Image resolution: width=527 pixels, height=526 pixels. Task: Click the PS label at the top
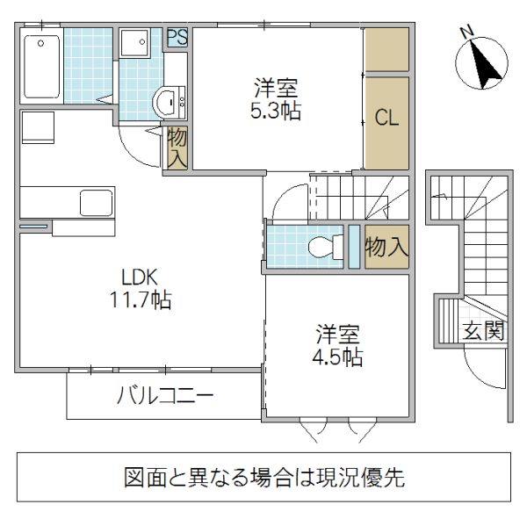[x=177, y=38]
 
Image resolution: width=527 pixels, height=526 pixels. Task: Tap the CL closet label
[x=387, y=119]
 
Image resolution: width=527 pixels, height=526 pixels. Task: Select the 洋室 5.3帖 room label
[x=277, y=100]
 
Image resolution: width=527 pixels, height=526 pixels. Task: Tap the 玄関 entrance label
[x=483, y=331]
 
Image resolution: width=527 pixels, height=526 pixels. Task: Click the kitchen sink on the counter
[x=96, y=203]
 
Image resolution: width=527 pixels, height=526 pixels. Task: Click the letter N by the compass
[x=467, y=33]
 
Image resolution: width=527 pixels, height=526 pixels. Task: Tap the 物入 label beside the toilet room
[x=386, y=247]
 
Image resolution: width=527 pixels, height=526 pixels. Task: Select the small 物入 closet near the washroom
[x=177, y=148]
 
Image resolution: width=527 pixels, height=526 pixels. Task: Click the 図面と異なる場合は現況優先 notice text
[x=263, y=478]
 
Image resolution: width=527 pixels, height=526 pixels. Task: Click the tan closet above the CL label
[x=386, y=50]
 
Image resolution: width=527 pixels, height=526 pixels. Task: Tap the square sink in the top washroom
[x=136, y=43]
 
